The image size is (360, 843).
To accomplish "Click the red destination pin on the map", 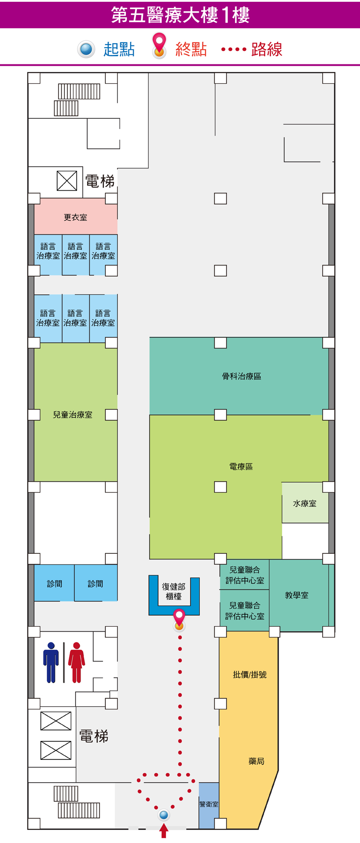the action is [179, 618].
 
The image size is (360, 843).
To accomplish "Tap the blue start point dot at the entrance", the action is [164, 815].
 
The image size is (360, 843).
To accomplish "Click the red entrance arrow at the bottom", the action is [164, 830].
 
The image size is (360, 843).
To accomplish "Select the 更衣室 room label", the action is [76, 217].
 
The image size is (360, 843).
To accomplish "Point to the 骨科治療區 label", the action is [242, 376].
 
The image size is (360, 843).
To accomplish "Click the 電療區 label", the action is [241, 466].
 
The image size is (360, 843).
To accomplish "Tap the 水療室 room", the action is [305, 503].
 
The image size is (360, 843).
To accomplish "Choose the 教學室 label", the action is [297, 595].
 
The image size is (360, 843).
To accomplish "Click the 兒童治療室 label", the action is [72, 415].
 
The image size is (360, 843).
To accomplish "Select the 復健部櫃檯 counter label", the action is [174, 592].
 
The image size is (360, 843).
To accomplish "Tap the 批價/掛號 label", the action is [250, 674].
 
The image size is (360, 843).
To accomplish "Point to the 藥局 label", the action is [256, 761].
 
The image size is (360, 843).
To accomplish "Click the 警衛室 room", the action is [209, 805].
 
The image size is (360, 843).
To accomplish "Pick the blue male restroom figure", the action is [51, 662].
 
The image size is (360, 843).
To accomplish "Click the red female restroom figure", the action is [76, 662].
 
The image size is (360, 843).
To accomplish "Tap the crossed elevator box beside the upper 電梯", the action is [67, 181].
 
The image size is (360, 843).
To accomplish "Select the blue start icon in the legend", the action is [86, 49].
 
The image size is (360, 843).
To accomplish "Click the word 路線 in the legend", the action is [267, 49].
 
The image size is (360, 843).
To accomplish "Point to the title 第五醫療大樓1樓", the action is [180, 15].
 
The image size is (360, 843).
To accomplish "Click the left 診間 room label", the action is [54, 583].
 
